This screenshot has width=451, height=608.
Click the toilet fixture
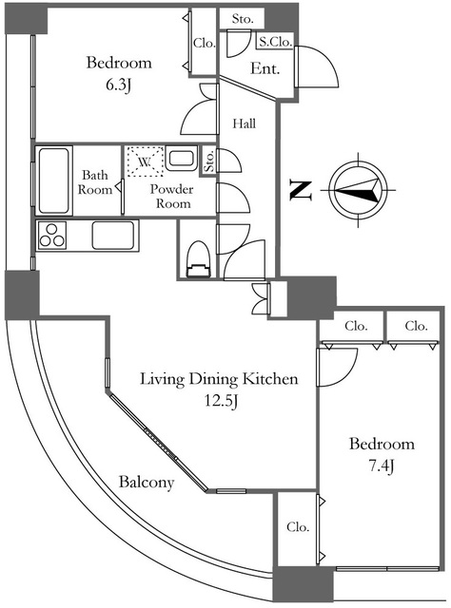199,259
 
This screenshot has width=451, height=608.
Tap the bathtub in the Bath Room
54,180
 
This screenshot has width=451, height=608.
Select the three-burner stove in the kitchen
51,236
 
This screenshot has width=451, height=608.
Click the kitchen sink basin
113,235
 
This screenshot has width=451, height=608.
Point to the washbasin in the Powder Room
182,159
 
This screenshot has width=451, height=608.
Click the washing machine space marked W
145,161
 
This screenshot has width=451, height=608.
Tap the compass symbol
358,190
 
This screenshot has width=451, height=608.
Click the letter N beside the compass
302,190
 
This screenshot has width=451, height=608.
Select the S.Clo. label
275,42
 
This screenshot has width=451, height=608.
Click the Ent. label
265,68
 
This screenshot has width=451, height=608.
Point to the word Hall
245,123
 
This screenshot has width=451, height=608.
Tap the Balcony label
147,482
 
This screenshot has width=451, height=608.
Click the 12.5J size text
221,401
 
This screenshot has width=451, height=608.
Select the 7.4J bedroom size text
382,465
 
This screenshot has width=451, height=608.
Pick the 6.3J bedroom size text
119,85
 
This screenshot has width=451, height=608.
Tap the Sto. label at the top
243,19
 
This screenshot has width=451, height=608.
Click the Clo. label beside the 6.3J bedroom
205,43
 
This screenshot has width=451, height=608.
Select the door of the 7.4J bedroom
337,368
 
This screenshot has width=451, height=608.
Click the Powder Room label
172,197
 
